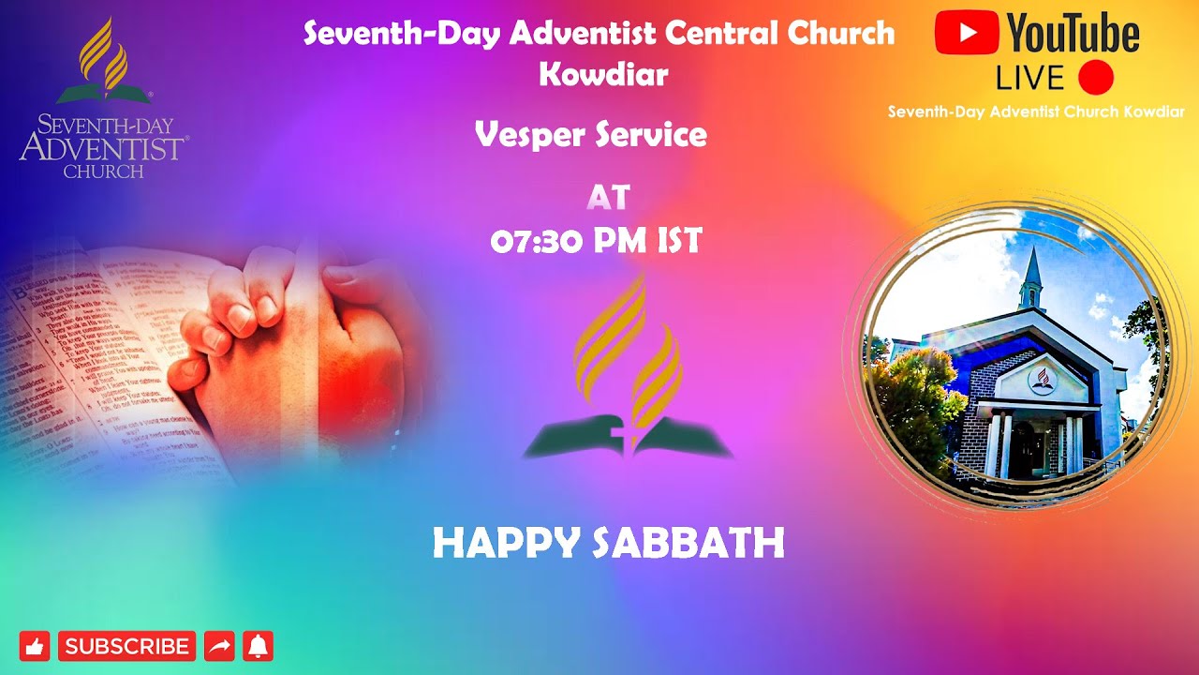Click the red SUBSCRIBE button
pos(126,646)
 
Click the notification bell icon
pos(258,646)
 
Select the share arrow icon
pos(219,646)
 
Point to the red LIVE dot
pos(1095,77)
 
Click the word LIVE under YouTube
pos(1029,78)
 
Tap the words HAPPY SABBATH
pos(608,544)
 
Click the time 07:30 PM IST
pos(596,242)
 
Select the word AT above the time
pos(608,198)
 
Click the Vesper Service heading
pos(590,135)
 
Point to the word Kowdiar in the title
pos(602,74)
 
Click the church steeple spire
pos(1031,272)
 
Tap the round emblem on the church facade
pos(1039,380)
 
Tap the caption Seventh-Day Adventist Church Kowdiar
pos(1036,112)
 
